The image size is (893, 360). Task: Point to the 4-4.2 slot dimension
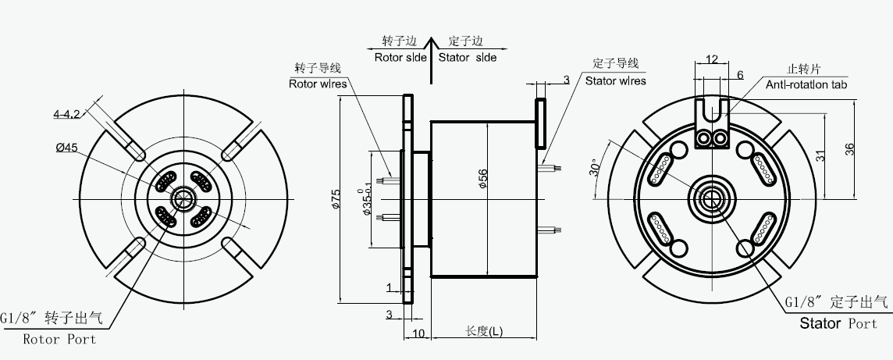[x=67, y=114]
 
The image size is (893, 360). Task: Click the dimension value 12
[x=711, y=59]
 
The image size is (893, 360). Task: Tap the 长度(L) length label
[x=484, y=330]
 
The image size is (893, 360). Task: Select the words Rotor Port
[x=59, y=340]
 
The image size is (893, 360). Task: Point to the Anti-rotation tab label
[x=806, y=84]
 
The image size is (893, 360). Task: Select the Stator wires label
[x=615, y=80]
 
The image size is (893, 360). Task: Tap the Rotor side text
[x=400, y=57]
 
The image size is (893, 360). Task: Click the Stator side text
[x=467, y=57]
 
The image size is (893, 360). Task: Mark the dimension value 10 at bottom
[x=418, y=333]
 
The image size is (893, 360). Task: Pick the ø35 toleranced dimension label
[x=366, y=201]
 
